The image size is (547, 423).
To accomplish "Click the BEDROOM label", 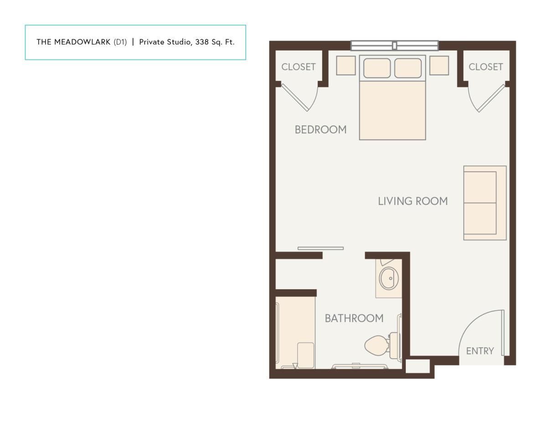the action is coord(320,130).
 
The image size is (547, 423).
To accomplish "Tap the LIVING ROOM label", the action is coord(413,201).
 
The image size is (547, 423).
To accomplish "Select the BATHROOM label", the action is coord(354,318).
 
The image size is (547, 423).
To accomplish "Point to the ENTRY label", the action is coord(480,351).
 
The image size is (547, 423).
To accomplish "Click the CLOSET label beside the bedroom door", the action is coord(299,67).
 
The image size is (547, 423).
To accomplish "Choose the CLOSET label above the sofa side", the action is coord(486,67).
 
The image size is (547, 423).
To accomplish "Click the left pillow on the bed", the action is coord(377,68).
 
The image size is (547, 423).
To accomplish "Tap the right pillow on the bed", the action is coord(408,68).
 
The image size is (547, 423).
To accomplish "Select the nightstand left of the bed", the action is coord(346,66).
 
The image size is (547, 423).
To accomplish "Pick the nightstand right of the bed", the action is coord(439,66).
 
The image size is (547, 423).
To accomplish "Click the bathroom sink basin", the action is coord(389,278).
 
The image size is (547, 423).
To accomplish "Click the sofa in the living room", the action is coord(485,203).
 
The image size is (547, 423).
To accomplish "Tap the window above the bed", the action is coord(395,46).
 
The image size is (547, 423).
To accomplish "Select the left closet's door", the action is coord(295,98).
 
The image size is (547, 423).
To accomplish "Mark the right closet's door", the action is coord(491,98).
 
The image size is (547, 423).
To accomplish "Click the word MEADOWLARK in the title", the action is coord(83,42).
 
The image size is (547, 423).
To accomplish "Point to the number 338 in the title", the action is coord(202,42).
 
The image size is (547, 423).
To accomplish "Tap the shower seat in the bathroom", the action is coord(305,355).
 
